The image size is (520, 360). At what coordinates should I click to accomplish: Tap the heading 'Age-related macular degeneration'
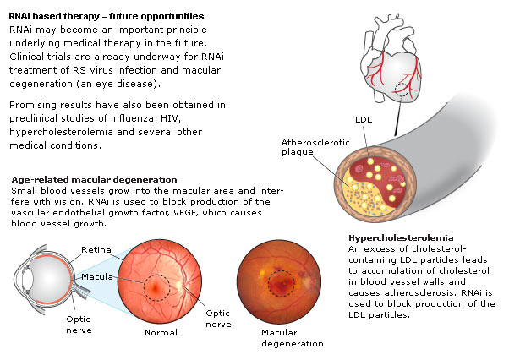click(x=95, y=180)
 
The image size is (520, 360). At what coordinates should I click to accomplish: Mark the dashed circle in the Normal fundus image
click(x=156, y=287)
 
